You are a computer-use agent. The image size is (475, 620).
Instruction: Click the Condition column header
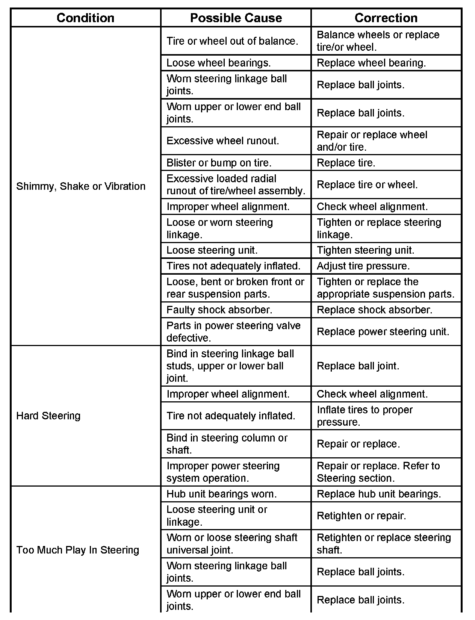point(85,18)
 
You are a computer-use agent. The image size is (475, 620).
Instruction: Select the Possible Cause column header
point(236,18)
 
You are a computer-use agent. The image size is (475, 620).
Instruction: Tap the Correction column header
point(386,18)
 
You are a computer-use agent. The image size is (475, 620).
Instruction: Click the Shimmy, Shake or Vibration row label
point(81,186)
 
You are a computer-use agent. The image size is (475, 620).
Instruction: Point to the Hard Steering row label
point(48,416)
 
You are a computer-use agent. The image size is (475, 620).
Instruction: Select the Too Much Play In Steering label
point(78,550)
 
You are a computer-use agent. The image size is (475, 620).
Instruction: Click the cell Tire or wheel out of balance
point(232,41)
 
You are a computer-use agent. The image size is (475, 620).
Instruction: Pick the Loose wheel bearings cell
point(218,63)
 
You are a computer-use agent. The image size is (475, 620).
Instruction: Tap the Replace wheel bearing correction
point(371,63)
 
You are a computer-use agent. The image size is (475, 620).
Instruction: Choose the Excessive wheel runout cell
point(222,141)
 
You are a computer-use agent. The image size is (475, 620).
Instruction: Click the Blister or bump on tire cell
point(219,163)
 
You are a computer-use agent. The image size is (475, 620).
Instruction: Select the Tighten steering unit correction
point(365,250)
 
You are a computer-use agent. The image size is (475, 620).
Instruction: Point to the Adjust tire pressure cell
point(363,266)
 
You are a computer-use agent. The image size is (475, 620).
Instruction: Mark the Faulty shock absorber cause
point(219,310)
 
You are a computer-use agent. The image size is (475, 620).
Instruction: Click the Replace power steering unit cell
point(383,332)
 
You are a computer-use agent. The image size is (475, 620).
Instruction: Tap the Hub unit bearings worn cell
point(221,494)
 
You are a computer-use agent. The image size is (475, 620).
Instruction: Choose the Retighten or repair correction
point(361,516)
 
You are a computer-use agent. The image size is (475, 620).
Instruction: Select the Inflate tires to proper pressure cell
point(365,416)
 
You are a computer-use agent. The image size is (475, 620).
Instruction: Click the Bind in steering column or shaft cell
point(227,444)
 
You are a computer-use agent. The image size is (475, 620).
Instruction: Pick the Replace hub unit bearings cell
point(379,494)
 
